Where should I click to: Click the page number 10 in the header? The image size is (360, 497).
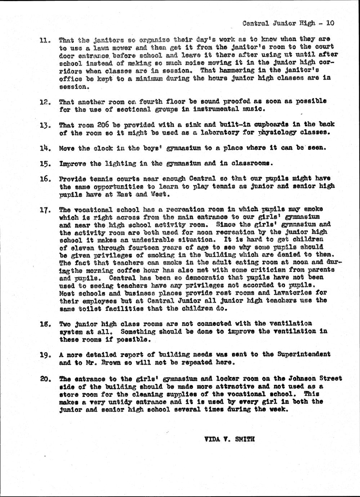click(330, 23)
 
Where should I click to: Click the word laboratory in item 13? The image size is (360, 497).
click(204, 132)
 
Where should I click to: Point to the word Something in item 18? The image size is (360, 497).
click(138, 331)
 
